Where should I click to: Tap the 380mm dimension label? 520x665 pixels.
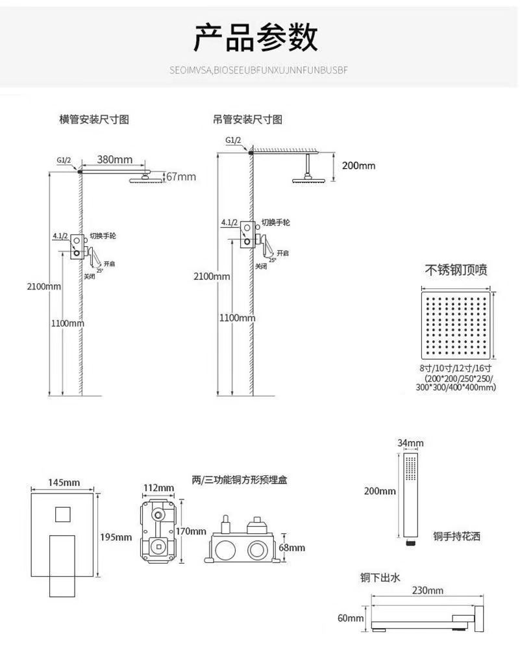[x=115, y=160]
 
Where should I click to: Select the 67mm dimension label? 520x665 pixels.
[x=181, y=177]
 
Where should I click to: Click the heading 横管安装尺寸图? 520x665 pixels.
[x=94, y=120]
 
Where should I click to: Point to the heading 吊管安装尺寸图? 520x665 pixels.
[x=247, y=120]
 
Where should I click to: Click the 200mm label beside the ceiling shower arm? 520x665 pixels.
[x=358, y=166]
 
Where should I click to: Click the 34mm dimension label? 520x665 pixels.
[x=410, y=444]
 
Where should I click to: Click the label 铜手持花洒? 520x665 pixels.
[x=457, y=537]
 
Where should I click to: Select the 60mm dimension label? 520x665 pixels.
[x=351, y=618]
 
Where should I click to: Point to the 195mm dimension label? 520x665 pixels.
[x=116, y=537]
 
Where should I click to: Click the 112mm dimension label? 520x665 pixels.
[x=158, y=488]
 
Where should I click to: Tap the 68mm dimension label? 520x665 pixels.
[x=291, y=547]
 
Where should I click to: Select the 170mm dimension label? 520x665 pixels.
[x=191, y=531]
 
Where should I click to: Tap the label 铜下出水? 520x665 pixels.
[x=380, y=577]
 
